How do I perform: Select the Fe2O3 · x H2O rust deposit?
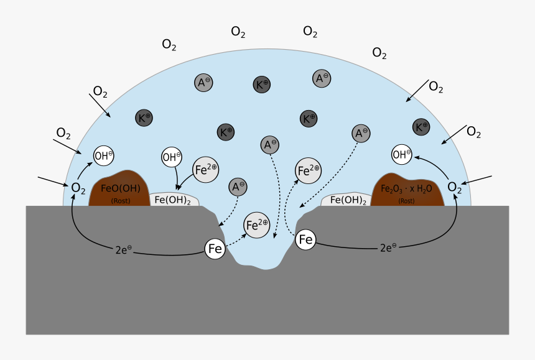(407, 190)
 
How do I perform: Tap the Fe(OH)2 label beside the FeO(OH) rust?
(173, 200)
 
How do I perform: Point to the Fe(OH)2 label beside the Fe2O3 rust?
(348, 200)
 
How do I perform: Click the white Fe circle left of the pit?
(215, 249)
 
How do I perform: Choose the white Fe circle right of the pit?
(305, 239)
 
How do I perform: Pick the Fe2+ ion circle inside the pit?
(257, 225)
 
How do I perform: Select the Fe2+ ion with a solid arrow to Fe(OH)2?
(206, 168)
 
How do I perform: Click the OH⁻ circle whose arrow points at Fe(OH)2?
(172, 157)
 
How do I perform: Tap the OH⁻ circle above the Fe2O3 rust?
(402, 154)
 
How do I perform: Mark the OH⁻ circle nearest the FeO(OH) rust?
(103, 155)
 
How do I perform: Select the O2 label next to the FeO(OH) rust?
(78, 188)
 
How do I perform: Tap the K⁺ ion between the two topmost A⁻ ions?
(262, 85)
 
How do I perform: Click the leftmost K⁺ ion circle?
(144, 118)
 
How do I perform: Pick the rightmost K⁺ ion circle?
(422, 127)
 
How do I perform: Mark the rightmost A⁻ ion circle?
(361, 132)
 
